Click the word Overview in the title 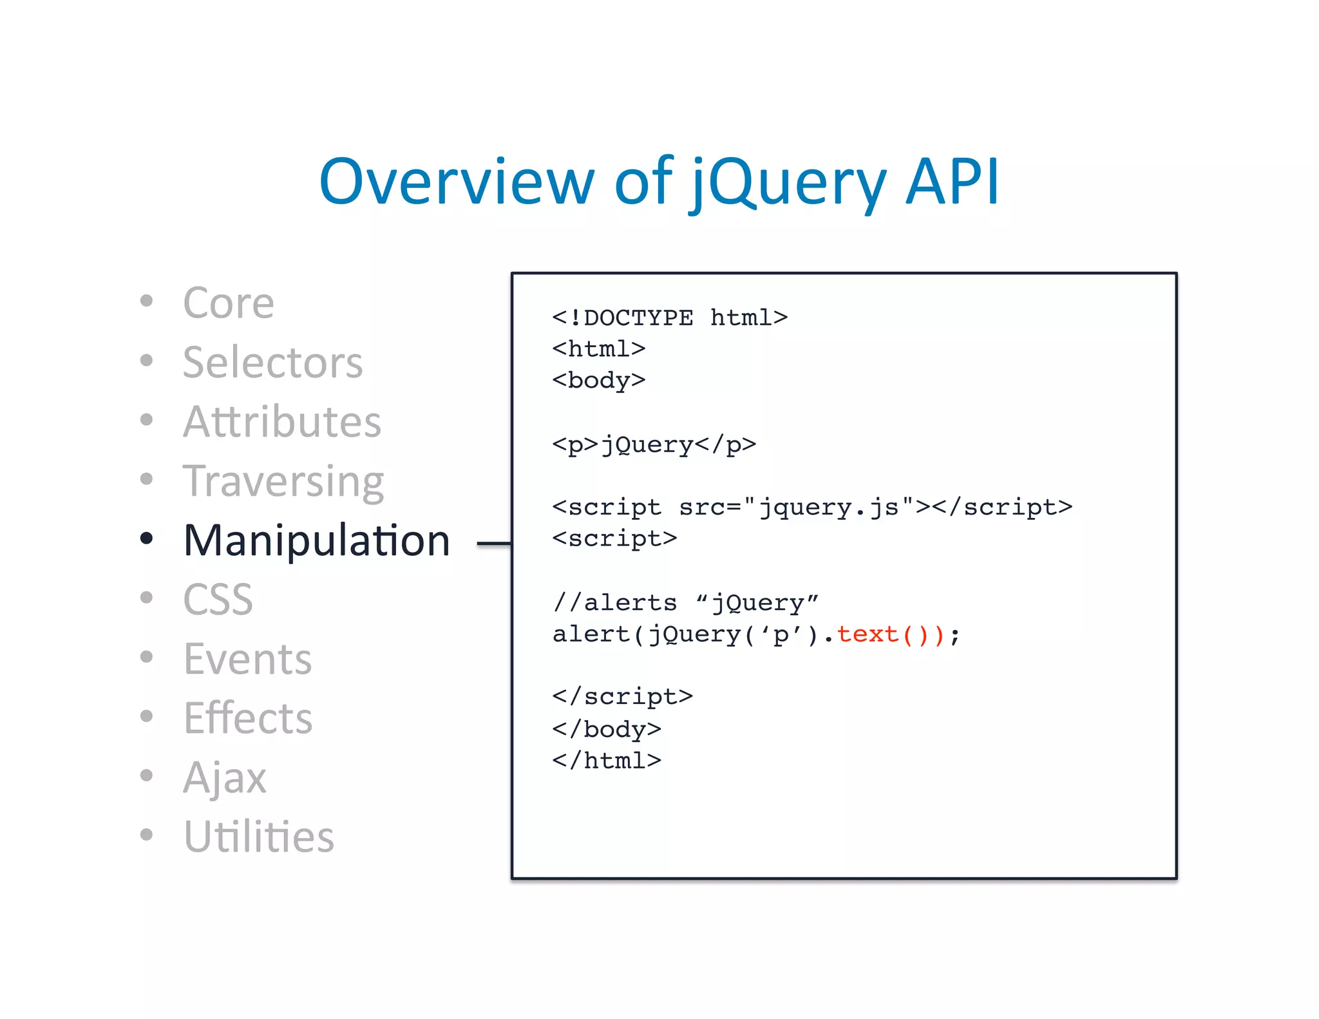456,183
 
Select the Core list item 229,303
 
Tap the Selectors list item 272,363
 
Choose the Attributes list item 282,422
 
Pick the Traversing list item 283,481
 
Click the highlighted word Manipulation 316,540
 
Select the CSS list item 218,600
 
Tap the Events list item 247,659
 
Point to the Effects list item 248,718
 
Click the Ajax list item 224,777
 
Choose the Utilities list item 258,837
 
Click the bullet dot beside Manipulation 147,538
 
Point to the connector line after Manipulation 494,544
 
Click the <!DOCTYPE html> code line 670,318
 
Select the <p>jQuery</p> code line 654,444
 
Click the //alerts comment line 685,603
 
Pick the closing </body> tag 607,729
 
